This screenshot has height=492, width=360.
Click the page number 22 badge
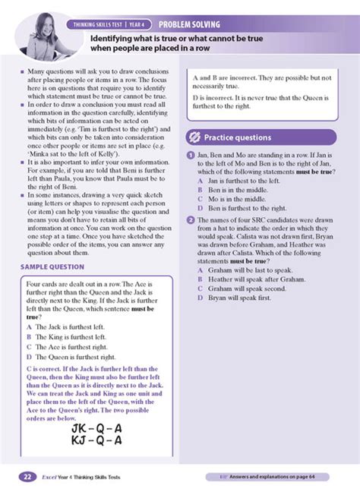(x=26, y=477)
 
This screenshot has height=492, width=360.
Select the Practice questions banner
(x=236, y=137)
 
